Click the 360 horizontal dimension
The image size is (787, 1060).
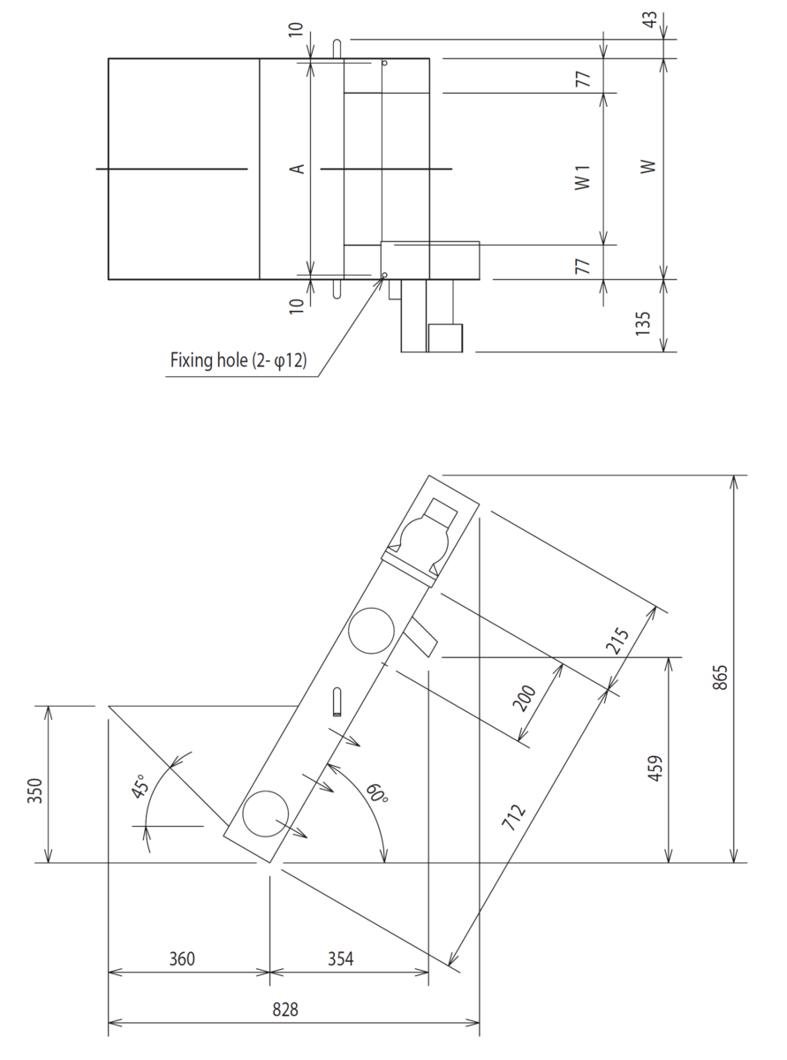(x=182, y=959)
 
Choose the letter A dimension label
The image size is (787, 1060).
(x=299, y=167)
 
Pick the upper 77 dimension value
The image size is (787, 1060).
(x=583, y=77)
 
